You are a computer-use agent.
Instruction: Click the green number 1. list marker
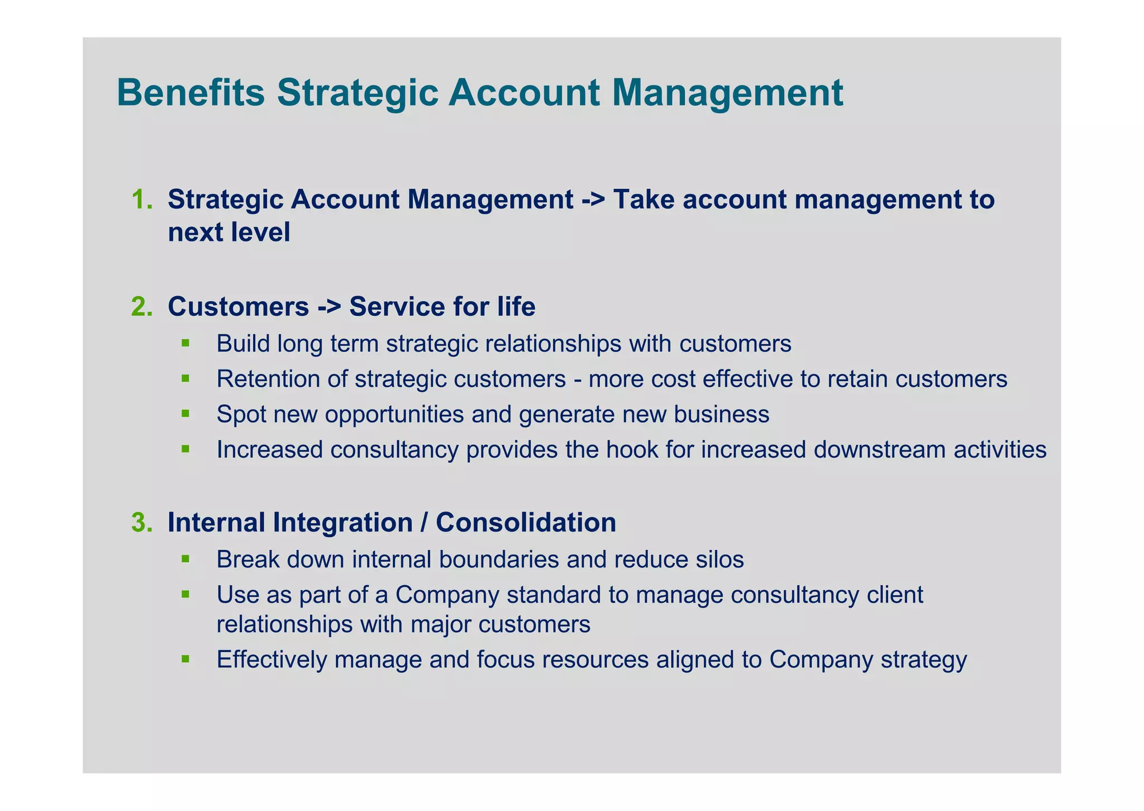tap(142, 200)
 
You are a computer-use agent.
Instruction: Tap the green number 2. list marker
tap(142, 306)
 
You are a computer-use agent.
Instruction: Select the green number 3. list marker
tap(142, 522)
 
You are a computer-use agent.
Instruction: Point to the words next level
tap(229, 232)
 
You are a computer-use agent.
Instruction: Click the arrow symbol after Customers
tap(329, 307)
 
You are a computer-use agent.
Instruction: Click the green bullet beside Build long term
tap(186, 342)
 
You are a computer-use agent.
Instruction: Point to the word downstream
tap(879, 449)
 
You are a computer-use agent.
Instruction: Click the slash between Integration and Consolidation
tap(424, 522)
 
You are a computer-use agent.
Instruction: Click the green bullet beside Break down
tap(186, 558)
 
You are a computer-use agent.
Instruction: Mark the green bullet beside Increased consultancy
tap(186, 448)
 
